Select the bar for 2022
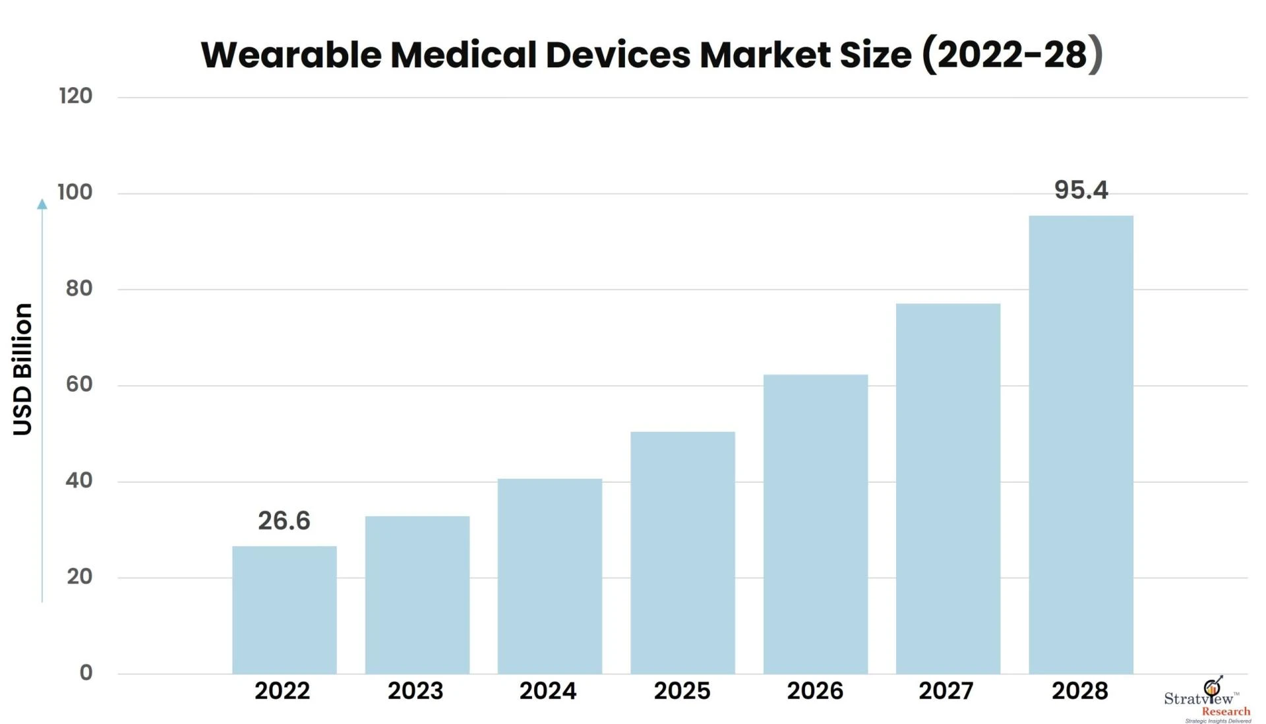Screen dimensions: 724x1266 (284, 610)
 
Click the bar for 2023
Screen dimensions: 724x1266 (417, 595)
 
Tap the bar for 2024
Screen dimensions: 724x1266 (550, 576)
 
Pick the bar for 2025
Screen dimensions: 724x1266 (682, 553)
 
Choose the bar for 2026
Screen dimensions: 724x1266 (816, 524)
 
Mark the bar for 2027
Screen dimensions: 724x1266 (948, 489)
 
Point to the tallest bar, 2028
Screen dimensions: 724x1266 (1081, 444)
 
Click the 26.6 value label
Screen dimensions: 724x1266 (284, 521)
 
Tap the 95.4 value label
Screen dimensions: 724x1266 (1081, 190)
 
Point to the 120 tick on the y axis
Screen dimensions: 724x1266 (75, 96)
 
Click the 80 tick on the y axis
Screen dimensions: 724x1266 (78, 289)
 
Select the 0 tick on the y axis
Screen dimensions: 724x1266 (86, 673)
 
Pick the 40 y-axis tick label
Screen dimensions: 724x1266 (78, 481)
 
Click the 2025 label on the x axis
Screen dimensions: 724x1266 (682, 691)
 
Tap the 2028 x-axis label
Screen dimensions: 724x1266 (1079, 691)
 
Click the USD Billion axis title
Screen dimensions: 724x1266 (23, 369)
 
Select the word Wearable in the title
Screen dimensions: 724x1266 (291, 54)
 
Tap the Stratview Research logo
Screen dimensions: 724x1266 (1208, 700)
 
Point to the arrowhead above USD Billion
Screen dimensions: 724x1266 (42, 204)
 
